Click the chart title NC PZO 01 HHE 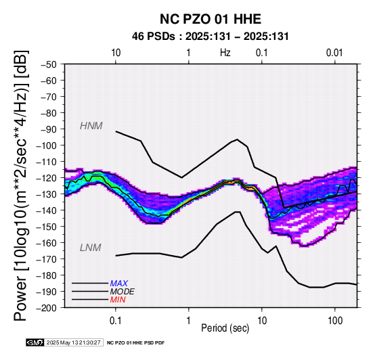point(211,19)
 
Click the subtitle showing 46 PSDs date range point(211,37)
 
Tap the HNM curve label point(91,126)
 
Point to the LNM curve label point(91,248)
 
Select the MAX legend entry point(119,284)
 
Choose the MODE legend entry point(123,292)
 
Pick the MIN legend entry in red point(118,300)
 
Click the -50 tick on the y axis point(49,64)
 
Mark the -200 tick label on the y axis point(47,308)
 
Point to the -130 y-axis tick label point(47,194)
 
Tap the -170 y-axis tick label point(47,259)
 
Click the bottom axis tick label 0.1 point(116,321)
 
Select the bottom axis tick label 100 point(335,321)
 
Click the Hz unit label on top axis point(225,53)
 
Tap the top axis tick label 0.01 point(334,53)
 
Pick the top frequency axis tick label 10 point(116,53)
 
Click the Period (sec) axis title point(225,328)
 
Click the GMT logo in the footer point(35,342)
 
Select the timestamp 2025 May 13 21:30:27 point(73,342)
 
